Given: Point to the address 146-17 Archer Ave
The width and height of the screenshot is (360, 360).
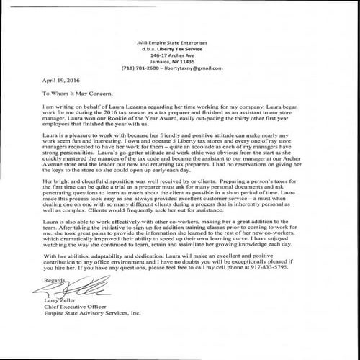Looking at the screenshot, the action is click(x=179, y=55).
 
